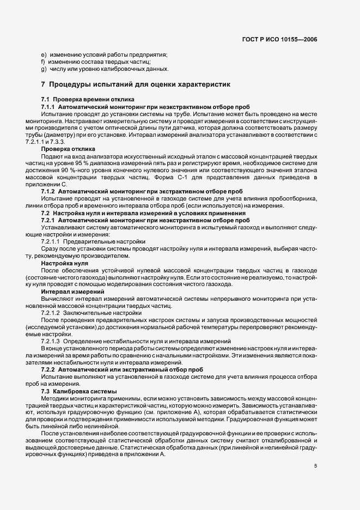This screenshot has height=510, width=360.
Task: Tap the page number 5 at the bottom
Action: pyautogui.click(x=315, y=466)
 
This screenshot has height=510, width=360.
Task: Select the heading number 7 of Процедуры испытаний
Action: pyautogui.click(x=43, y=84)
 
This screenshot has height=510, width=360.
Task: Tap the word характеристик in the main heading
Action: pyautogui.click(x=200, y=84)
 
